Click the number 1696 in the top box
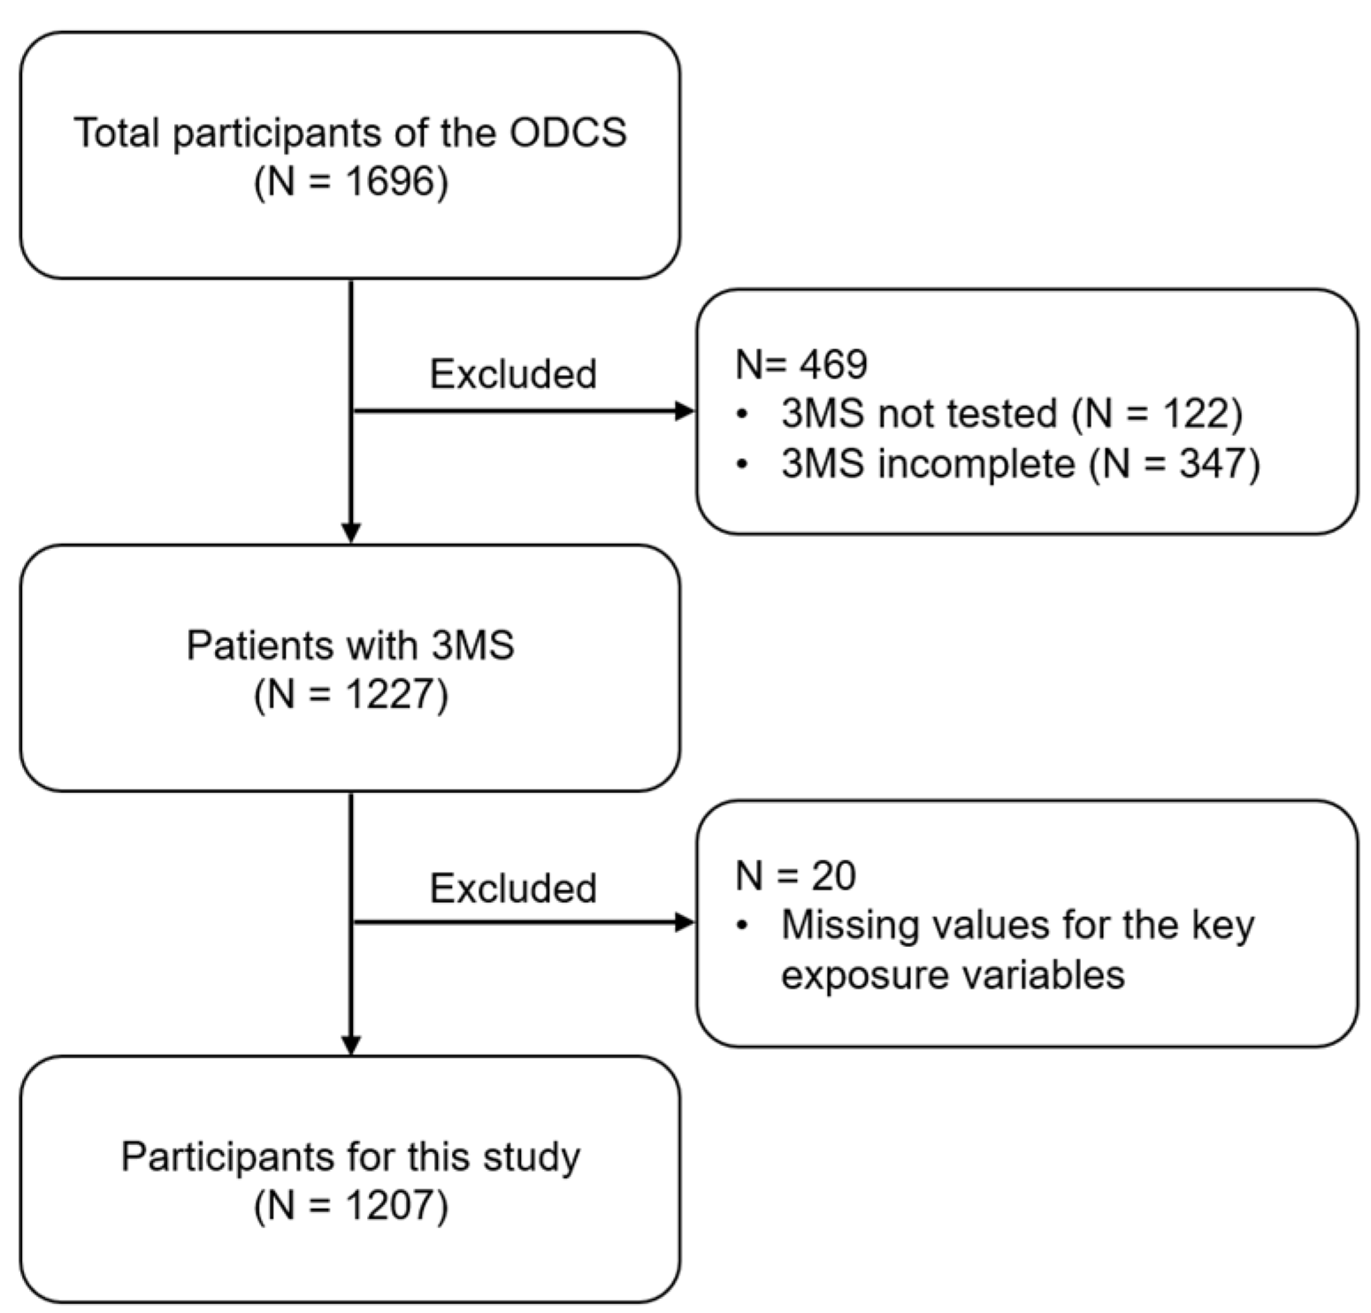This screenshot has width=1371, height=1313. click(x=390, y=183)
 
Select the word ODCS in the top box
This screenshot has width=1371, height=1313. click(x=568, y=134)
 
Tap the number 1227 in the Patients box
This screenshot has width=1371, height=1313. click(x=390, y=695)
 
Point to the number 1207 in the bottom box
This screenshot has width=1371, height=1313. click(x=390, y=1206)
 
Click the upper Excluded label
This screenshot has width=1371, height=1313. click(x=513, y=375)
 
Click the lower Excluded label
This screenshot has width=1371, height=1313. click(x=513, y=888)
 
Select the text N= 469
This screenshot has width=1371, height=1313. click(x=801, y=364)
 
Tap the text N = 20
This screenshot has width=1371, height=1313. click(x=795, y=876)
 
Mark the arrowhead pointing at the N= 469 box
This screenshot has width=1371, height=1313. click(x=685, y=411)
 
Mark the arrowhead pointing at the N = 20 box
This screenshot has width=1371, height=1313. click(x=685, y=923)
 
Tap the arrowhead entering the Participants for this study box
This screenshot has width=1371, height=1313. click(x=351, y=1044)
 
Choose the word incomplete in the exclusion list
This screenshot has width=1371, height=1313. click(x=976, y=464)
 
